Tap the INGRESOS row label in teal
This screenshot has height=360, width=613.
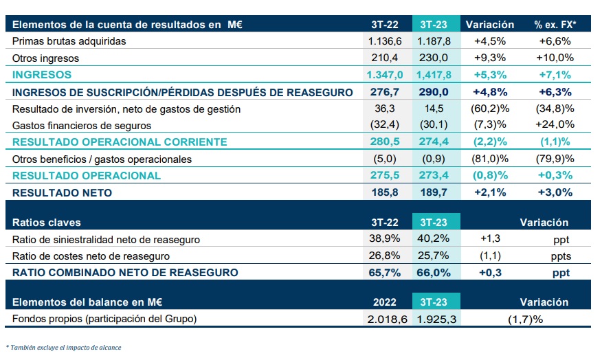coord(42,75)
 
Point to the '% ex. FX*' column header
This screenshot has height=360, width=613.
coord(555,25)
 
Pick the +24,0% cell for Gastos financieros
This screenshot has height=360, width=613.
coord(555,125)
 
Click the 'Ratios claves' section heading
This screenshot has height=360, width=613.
coord(46,223)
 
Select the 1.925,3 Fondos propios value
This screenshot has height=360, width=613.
coord(436,319)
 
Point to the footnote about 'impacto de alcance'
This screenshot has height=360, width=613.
coord(63,348)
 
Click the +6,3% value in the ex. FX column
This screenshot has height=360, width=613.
coord(555,92)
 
